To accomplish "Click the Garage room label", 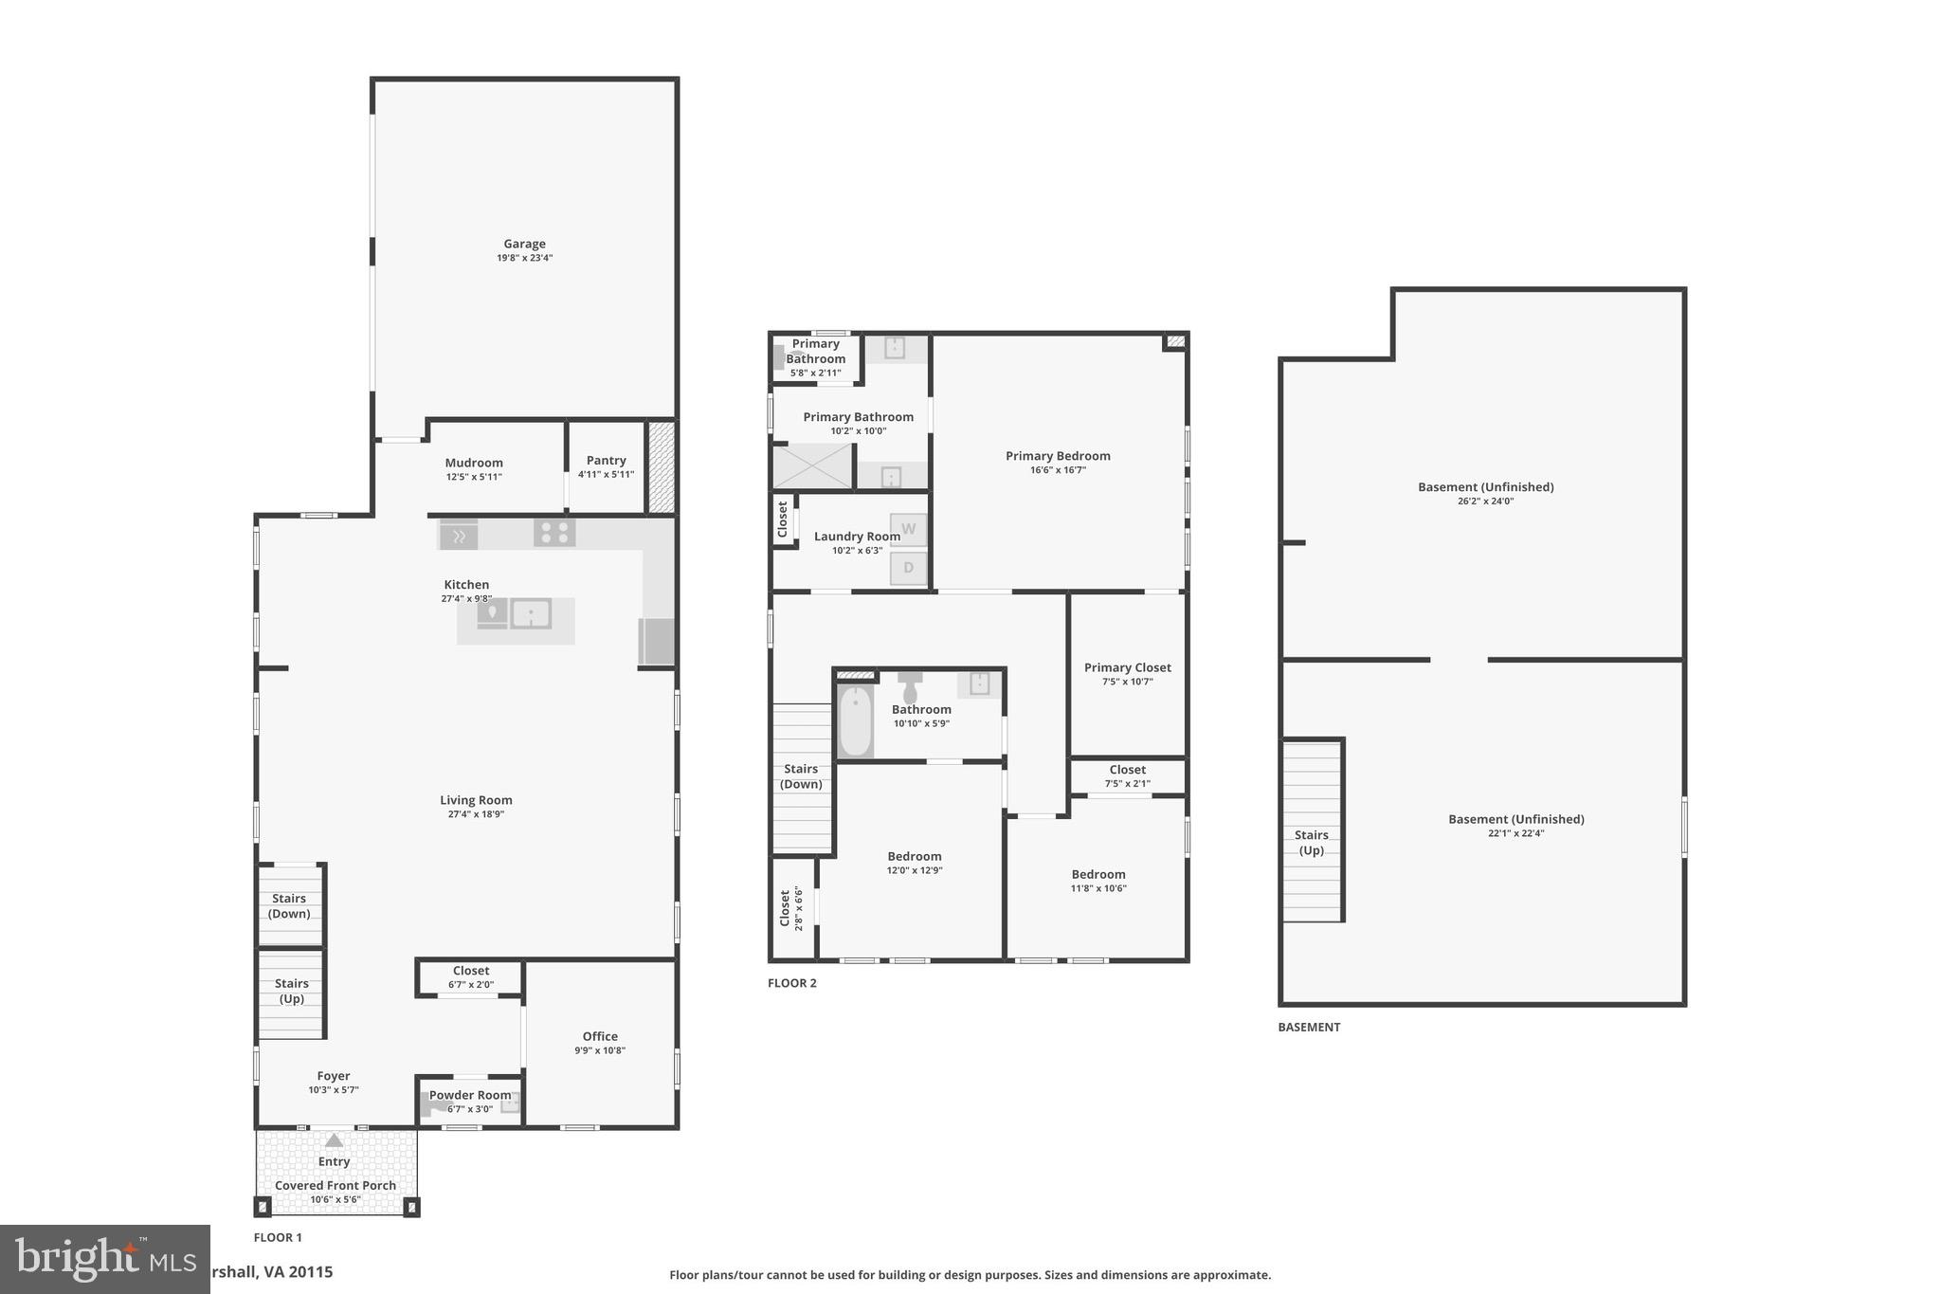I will [x=524, y=244].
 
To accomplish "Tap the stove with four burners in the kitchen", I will [x=554, y=532].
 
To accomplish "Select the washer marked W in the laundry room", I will [x=908, y=529].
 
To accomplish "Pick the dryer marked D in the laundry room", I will [x=908, y=568].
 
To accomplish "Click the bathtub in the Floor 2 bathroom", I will [x=855, y=721].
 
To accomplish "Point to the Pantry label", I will [x=606, y=460].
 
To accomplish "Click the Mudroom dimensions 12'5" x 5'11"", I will [x=474, y=477].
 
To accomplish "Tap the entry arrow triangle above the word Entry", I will [x=334, y=1140].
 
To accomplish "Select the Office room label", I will [x=600, y=1036].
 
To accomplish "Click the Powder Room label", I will [x=470, y=1095].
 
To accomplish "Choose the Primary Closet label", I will [x=1127, y=667].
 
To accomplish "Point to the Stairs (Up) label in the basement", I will [x=1311, y=842].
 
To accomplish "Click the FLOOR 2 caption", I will [x=791, y=983].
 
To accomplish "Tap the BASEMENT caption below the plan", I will [x=1309, y=1027].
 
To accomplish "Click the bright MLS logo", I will [x=104, y=1259].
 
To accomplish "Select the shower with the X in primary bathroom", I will [x=812, y=466].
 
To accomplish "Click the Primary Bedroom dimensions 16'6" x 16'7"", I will [x=1058, y=470].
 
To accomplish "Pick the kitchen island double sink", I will [x=531, y=613].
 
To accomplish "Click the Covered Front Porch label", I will [x=336, y=1185].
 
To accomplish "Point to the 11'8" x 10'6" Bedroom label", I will [x=1098, y=874].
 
